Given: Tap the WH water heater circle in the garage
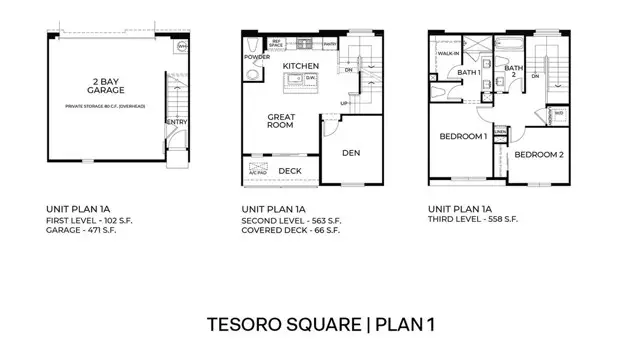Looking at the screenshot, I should pyautogui.click(x=182, y=47).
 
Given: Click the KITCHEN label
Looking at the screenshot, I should pyautogui.click(x=300, y=66).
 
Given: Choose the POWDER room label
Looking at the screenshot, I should pyautogui.click(x=257, y=57).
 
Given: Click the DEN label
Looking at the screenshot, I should pyautogui.click(x=350, y=153).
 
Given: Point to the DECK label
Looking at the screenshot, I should pyautogui.click(x=290, y=171).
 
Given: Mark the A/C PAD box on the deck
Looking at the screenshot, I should pyautogui.click(x=256, y=171).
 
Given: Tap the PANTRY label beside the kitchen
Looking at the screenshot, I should pyautogui.click(x=330, y=45).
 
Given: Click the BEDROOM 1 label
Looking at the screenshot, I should pyautogui.click(x=463, y=135).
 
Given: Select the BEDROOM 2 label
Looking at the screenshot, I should pyautogui.click(x=539, y=154).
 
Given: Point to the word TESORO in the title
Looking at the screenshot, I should pyautogui.click(x=246, y=325).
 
